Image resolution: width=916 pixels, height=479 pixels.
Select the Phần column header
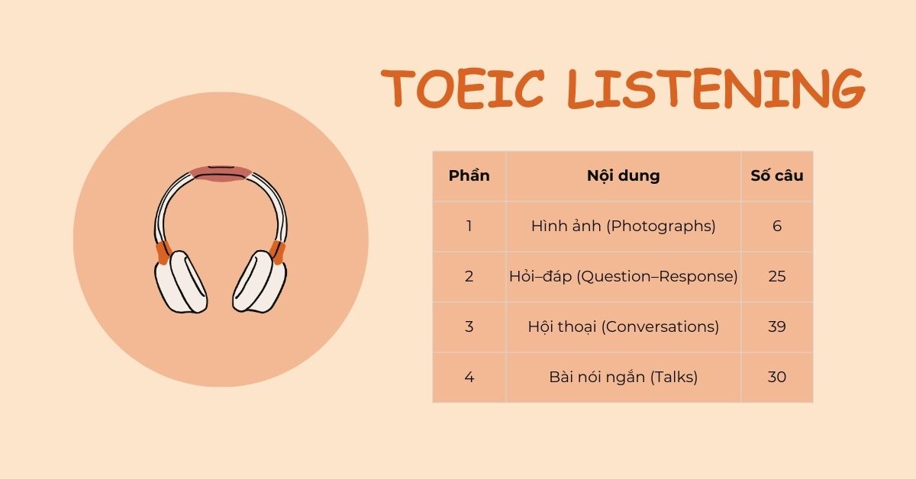(x=469, y=175)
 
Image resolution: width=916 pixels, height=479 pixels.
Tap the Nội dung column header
(x=623, y=175)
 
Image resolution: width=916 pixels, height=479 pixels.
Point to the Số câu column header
(x=776, y=175)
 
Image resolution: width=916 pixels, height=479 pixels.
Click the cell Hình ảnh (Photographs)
(x=623, y=226)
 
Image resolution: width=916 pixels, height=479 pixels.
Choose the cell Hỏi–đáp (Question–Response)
(x=623, y=276)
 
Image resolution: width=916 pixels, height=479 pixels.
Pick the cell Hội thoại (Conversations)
(x=623, y=326)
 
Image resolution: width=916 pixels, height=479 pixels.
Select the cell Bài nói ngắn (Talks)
(x=623, y=377)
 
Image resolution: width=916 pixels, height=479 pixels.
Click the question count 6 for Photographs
(x=776, y=226)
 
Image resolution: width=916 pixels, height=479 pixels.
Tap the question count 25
(x=776, y=276)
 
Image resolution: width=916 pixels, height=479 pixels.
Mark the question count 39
(x=776, y=326)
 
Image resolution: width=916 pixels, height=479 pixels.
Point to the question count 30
(x=776, y=377)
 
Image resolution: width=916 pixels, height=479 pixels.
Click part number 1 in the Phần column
(x=469, y=226)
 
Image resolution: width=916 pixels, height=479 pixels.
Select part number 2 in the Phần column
(x=469, y=276)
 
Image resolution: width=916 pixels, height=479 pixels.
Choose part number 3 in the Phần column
(x=469, y=326)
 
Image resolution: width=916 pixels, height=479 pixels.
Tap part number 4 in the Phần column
(x=469, y=377)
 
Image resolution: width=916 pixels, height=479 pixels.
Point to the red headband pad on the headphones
(x=221, y=173)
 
